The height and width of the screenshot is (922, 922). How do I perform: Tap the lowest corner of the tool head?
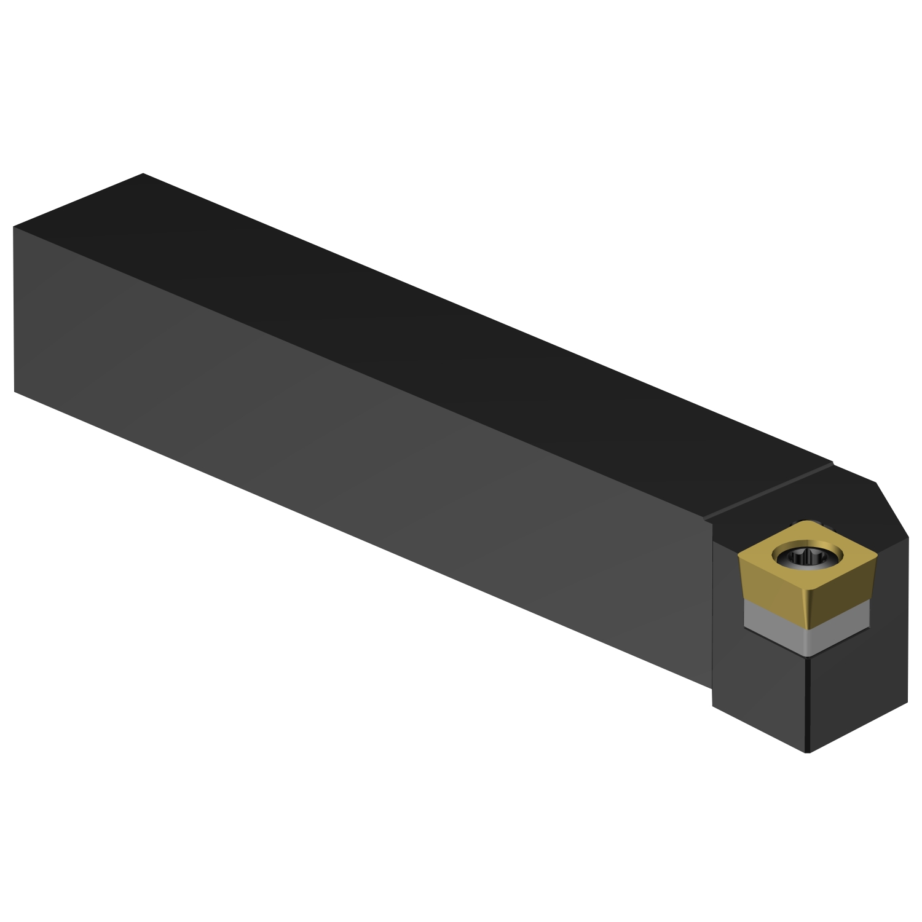point(808,751)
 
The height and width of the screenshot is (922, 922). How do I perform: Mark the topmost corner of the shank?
point(143,174)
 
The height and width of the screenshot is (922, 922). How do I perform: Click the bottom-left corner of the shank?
point(14,391)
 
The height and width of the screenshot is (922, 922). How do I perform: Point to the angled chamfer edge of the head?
point(892,510)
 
